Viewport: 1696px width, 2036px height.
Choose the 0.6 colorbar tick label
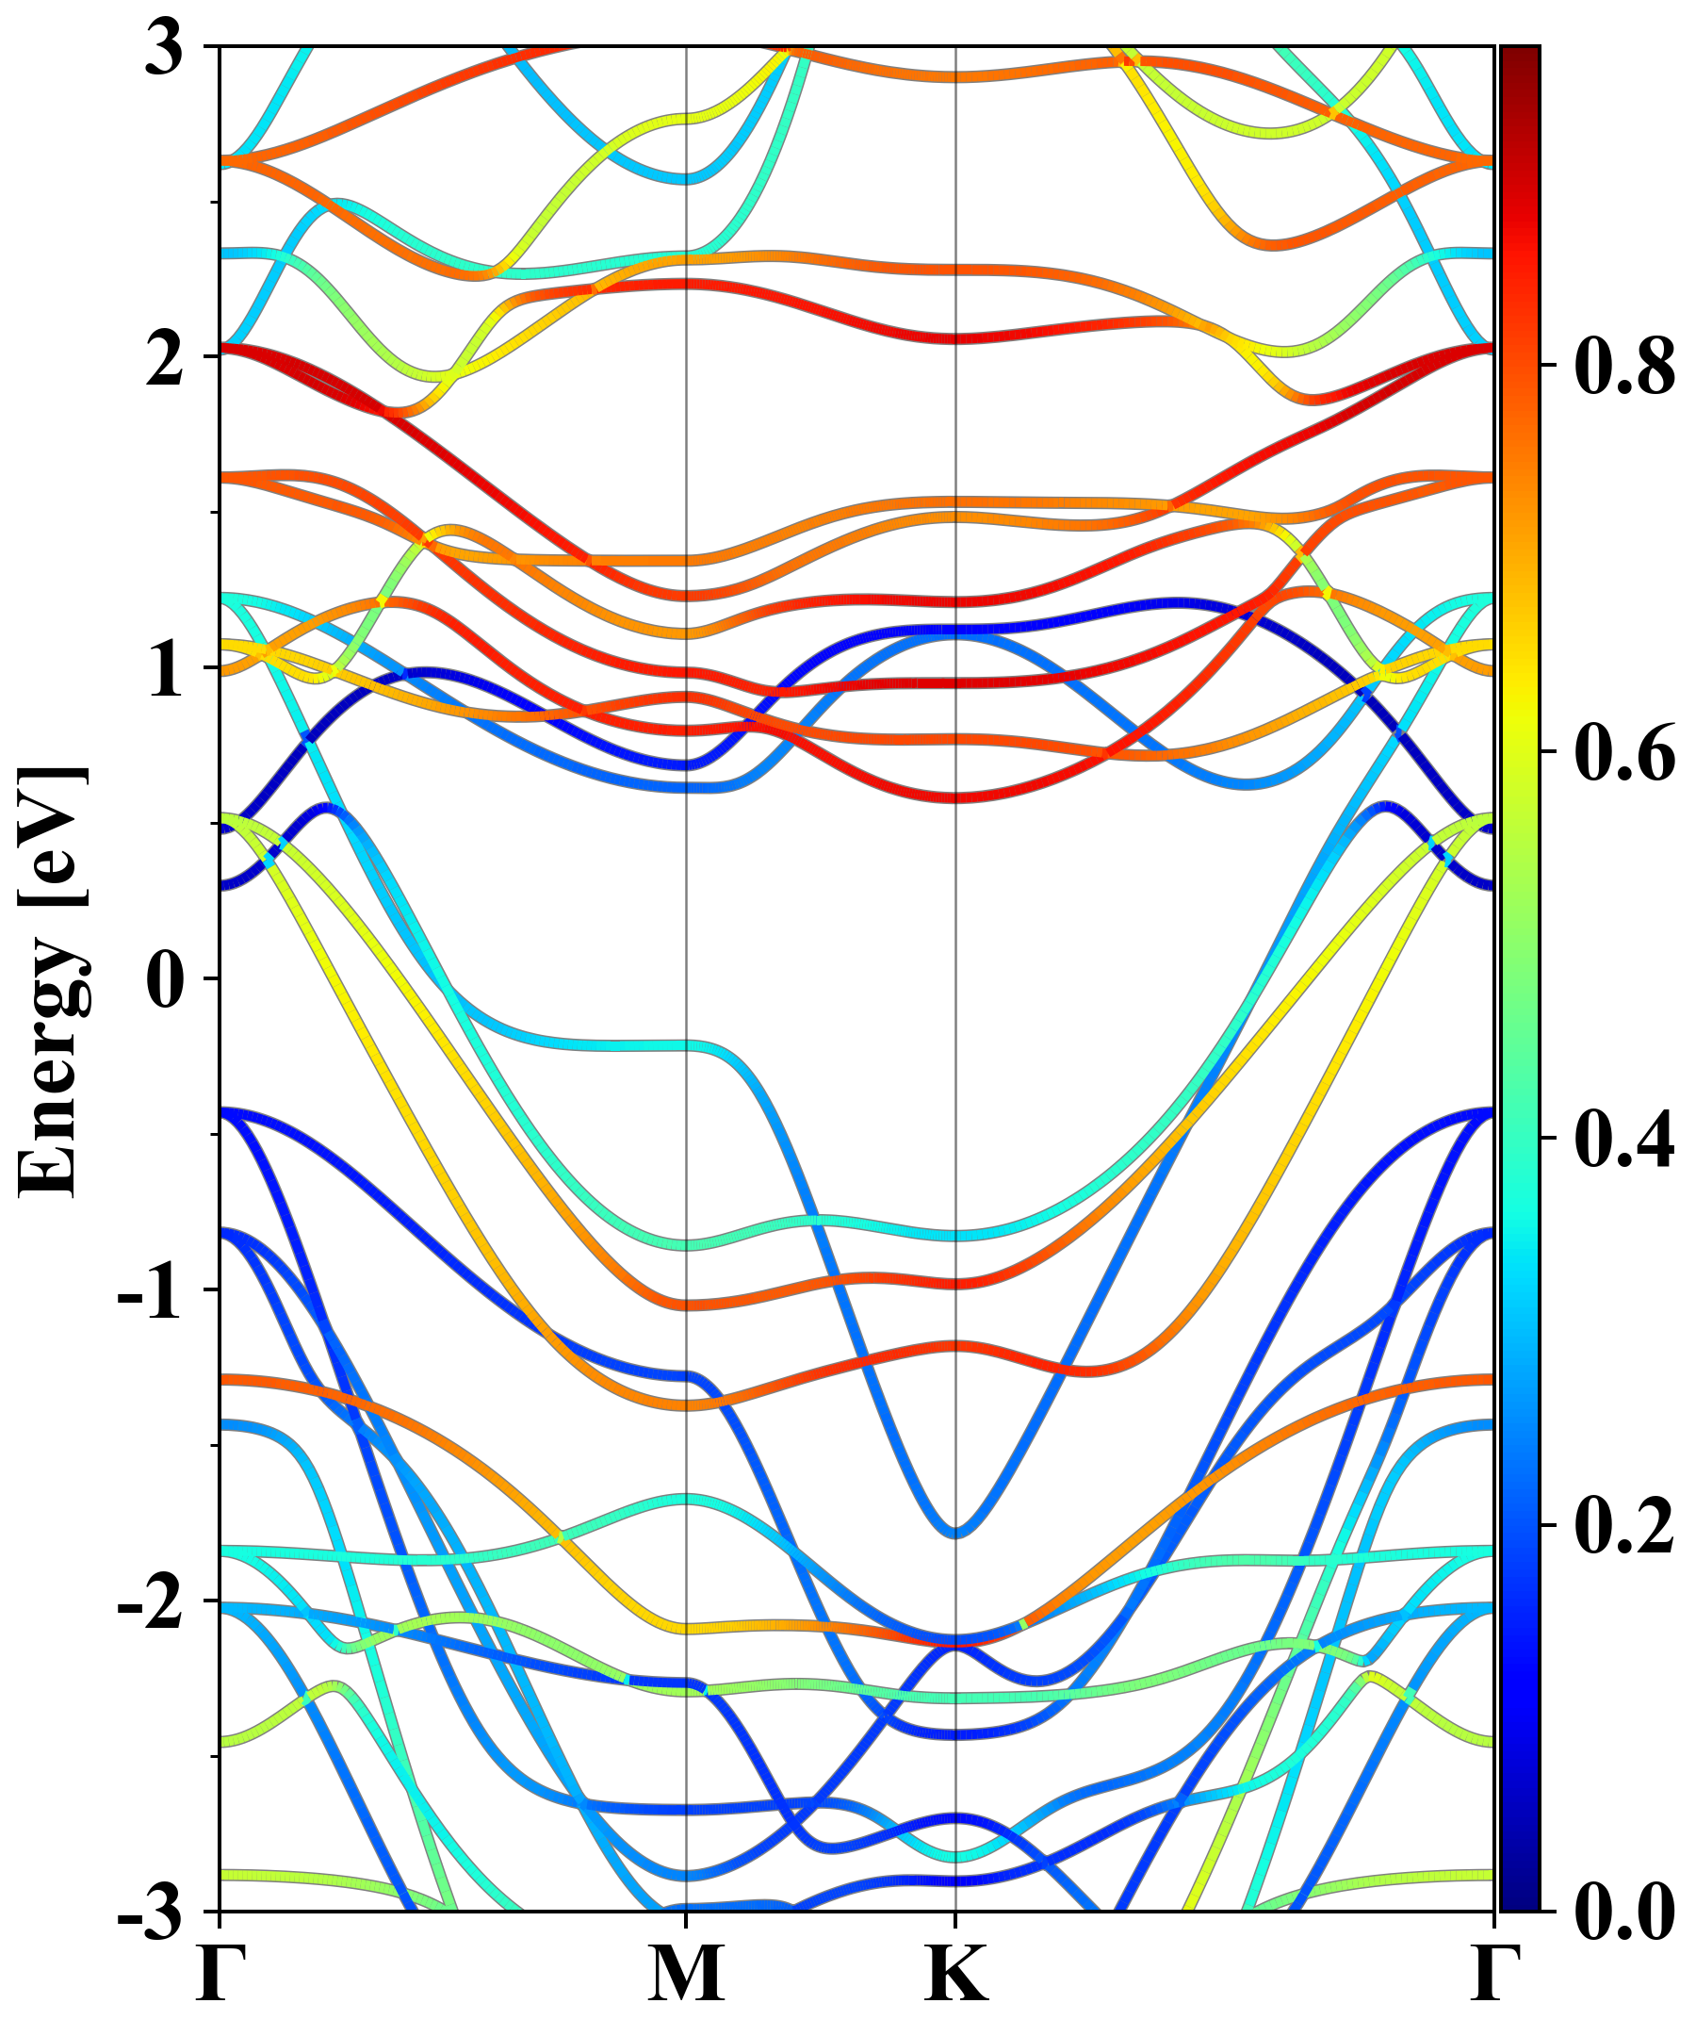(1624, 752)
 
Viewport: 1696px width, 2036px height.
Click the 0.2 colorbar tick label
(1624, 1524)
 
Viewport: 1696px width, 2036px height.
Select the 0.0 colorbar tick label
(1624, 1910)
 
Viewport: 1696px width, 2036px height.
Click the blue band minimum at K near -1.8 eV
(956, 1533)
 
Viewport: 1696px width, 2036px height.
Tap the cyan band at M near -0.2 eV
(686, 1045)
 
